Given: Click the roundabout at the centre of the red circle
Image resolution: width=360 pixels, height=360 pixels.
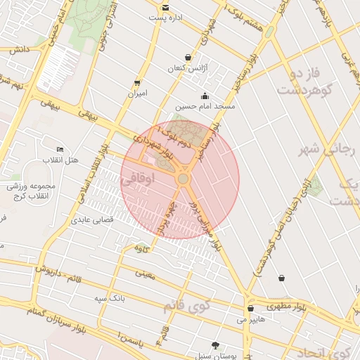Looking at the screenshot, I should (183, 180).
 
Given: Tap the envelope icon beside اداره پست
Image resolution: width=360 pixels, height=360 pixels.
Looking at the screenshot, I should (165, 8).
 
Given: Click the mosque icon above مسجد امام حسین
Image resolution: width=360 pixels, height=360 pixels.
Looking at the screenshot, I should (205, 96).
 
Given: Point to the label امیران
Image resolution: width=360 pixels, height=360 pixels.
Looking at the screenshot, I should (137, 93).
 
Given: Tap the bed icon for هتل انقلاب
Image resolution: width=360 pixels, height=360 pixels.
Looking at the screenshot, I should (60, 150).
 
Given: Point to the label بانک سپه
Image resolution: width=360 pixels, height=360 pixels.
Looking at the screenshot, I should (110, 298).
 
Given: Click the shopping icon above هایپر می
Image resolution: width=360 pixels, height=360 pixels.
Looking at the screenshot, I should (250, 309).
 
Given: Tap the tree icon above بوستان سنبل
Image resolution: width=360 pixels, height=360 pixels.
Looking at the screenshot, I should (215, 345).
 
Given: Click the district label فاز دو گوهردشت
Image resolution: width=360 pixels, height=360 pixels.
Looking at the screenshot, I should (300, 82).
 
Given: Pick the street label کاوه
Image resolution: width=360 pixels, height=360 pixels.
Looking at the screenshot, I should (141, 248).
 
